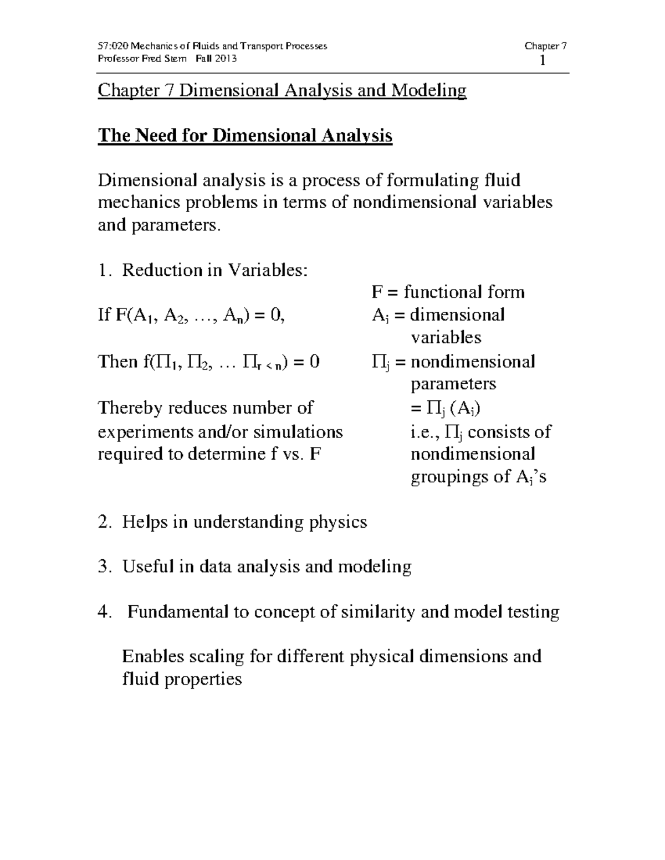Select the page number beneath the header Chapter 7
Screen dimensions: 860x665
click(x=543, y=60)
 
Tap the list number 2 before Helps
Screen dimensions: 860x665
click(x=103, y=522)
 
